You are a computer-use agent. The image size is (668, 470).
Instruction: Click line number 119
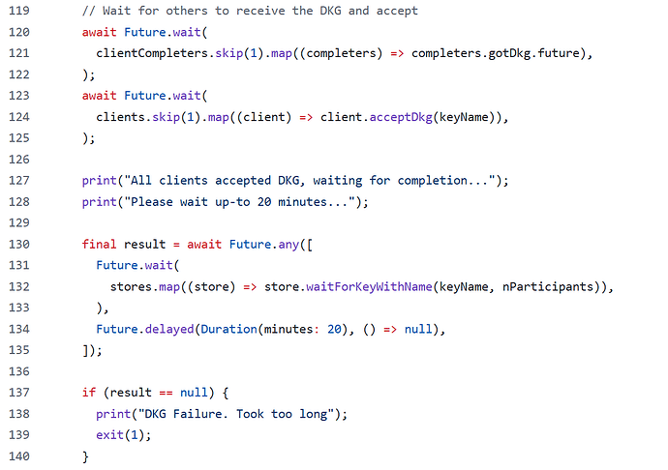19,11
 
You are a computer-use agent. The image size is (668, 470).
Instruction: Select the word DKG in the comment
330,11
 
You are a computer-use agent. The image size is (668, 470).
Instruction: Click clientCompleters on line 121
152,53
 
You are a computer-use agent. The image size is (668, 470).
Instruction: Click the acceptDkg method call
401,117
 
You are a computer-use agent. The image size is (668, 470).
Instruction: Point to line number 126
19,160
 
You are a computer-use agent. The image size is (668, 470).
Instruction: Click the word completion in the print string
433,181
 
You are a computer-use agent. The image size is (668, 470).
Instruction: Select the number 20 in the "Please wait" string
264,202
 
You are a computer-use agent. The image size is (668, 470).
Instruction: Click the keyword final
100,244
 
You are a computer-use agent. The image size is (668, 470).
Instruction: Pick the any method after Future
288,245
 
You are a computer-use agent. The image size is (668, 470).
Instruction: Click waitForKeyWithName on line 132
369,286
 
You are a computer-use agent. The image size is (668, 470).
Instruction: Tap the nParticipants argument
548,286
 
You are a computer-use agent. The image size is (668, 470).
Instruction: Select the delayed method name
169,329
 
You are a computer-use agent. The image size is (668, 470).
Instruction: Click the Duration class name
229,329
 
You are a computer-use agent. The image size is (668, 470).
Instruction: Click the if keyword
89,392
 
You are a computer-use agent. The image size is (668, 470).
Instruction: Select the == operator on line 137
167,393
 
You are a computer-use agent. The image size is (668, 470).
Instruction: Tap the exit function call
110,434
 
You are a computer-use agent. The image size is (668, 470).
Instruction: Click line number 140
19,455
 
